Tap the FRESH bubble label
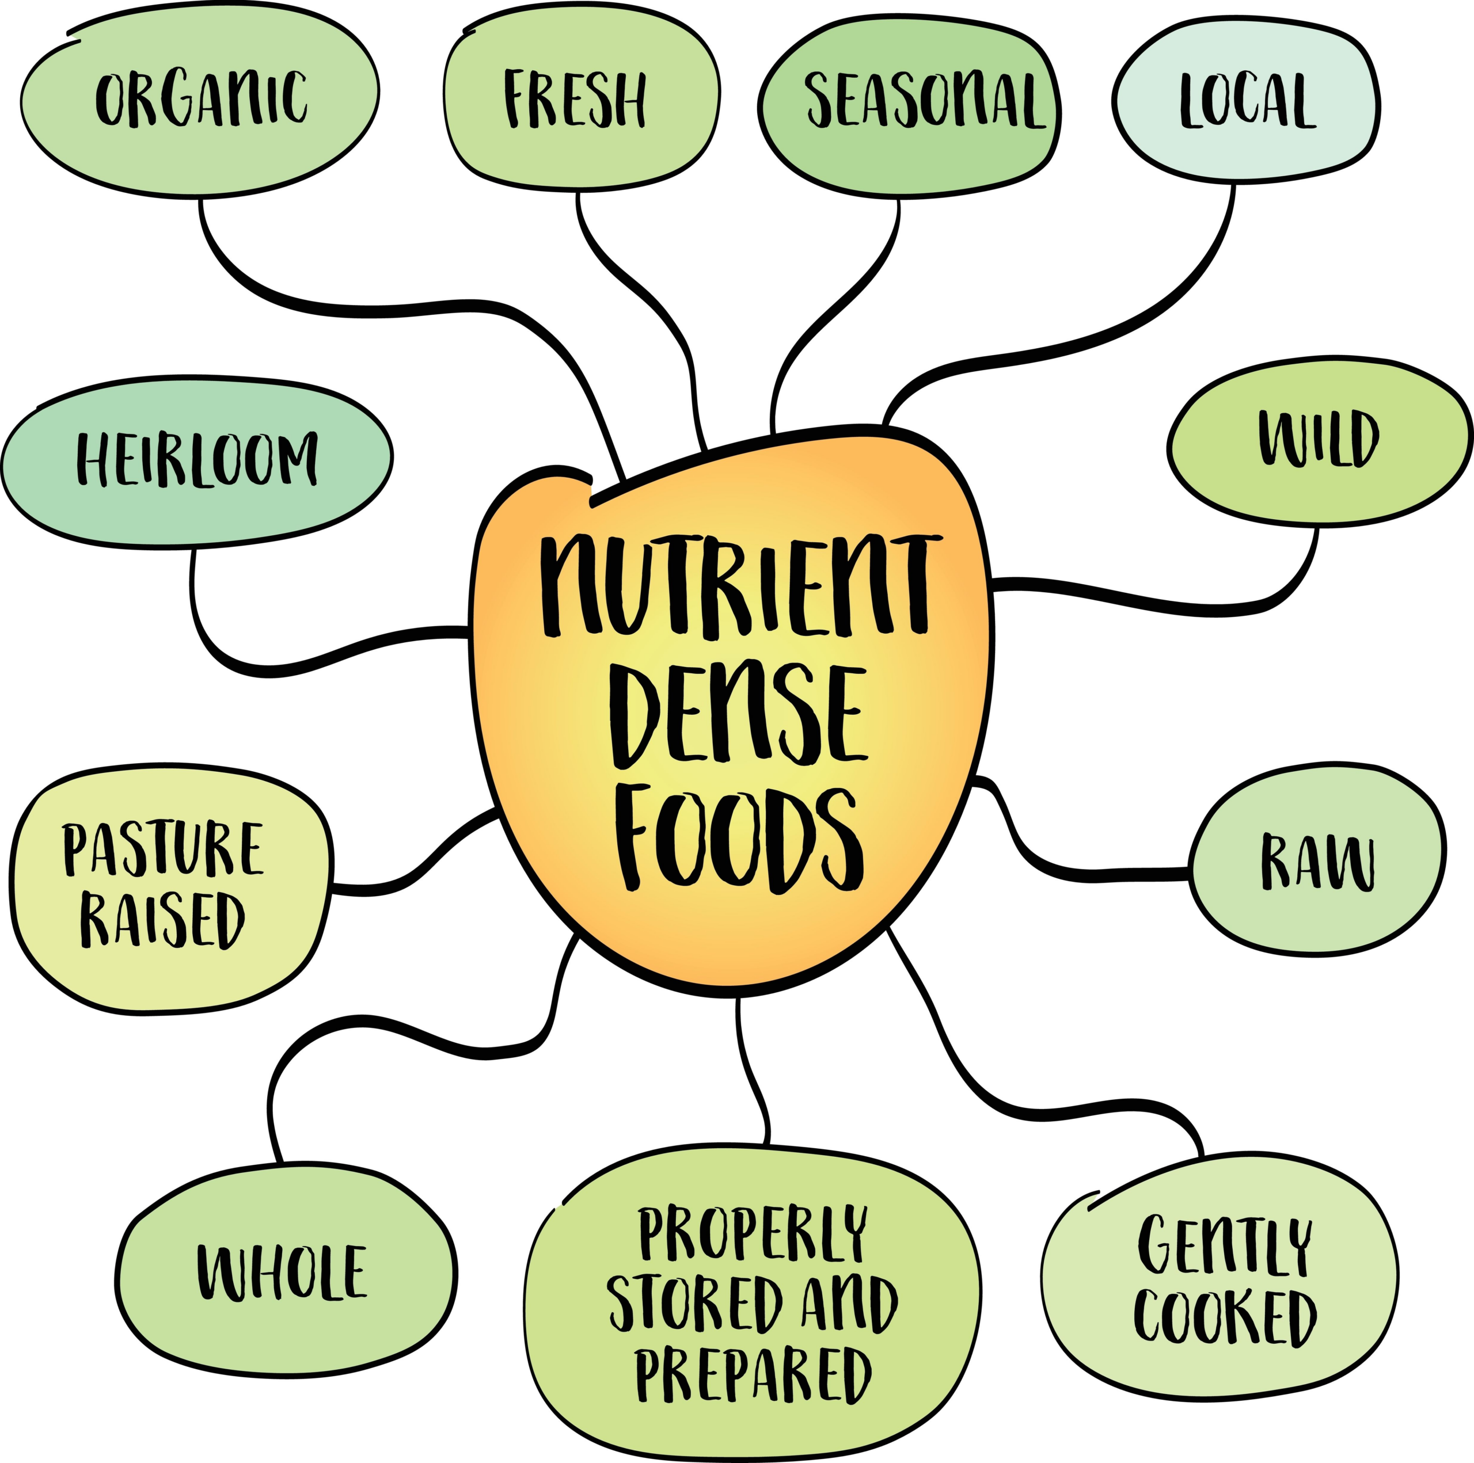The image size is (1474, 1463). click(x=575, y=99)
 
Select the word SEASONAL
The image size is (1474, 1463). click(x=924, y=100)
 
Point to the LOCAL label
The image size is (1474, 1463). click(x=1247, y=100)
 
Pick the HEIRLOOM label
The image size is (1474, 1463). click(x=197, y=459)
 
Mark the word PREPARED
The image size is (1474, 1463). click(x=753, y=1374)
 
